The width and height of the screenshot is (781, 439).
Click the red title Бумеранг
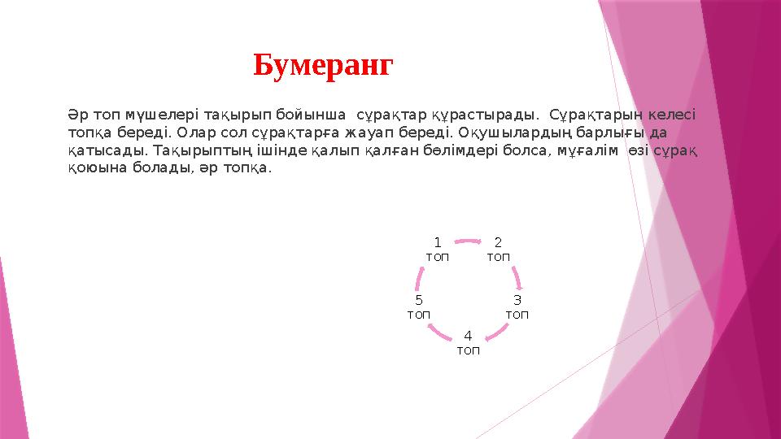322,65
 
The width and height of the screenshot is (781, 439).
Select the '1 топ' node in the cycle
437,250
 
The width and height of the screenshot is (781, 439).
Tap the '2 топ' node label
498,250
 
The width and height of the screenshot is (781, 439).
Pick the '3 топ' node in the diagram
517,306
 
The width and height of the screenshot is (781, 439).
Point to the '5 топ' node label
418,306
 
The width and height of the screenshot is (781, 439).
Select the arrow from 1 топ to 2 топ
468,241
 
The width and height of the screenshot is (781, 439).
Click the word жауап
370,133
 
